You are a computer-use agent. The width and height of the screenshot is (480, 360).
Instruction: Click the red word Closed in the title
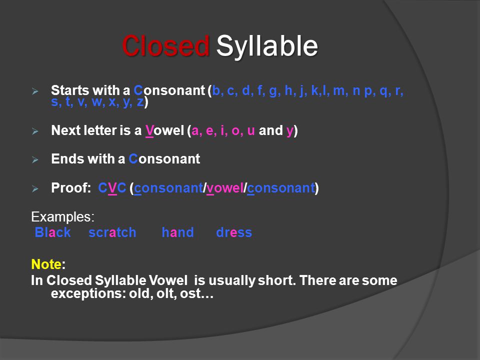click(x=165, y=46)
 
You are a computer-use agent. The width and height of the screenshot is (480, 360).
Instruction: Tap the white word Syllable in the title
click(x=267, y=46)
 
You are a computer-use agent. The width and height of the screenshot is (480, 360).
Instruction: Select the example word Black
click(x=52, y=232)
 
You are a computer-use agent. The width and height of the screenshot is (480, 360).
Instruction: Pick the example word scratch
click(x=112, y=232)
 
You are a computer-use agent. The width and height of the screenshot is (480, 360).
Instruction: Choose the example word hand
click(x=177, y=232)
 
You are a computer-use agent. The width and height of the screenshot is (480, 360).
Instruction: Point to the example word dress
click(x=234, y=232)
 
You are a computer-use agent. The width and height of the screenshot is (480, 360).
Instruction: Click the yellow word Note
click(x=46, y=264)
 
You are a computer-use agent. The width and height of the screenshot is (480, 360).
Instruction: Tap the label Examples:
click(x=63, y=216)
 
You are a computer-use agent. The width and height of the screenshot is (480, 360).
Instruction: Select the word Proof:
click(x=71, y=187)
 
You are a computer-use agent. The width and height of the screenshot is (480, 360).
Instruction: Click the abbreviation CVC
click(x=112, y=188)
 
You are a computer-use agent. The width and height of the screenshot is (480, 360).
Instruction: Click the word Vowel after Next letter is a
click(x=164, y=130)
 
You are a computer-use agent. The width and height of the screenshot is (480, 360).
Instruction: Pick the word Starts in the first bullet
click(x=70, y=90)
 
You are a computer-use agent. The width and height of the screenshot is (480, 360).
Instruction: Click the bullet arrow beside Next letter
click(x=35, y=131)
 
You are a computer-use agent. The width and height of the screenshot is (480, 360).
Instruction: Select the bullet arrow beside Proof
click(x=35, y=188)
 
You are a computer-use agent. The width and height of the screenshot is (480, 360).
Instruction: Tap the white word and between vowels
click(x=270, y=130)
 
